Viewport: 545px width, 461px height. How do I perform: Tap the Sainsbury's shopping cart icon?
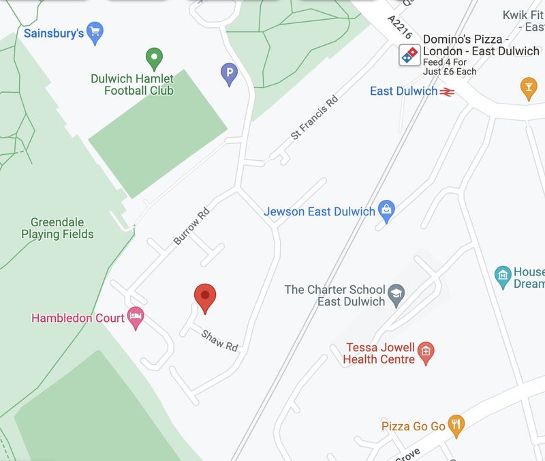[95, 31]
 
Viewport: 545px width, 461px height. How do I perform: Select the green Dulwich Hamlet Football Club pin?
[155, 59]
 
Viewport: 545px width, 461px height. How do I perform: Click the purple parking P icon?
[230, 72]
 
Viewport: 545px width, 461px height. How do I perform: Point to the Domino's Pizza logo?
[410, 55]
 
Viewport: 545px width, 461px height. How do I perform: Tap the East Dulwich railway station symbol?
[447, 91]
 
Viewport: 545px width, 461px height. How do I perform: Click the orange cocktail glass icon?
[528, 88]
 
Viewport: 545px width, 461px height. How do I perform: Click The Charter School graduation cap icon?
[396, 295]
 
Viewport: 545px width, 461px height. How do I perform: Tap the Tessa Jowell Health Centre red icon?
[426, 352]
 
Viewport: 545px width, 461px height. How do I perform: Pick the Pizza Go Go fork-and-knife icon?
[456, 426]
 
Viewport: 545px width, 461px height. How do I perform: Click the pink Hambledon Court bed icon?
[136, 317]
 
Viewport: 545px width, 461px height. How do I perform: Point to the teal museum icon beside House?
[503, 276]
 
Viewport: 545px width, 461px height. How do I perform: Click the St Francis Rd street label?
[314, 118]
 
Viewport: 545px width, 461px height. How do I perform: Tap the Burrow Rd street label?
[191, 226]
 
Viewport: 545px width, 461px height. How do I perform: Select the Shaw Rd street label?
[219, 339]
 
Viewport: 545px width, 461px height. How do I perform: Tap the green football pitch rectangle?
[158, 134]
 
